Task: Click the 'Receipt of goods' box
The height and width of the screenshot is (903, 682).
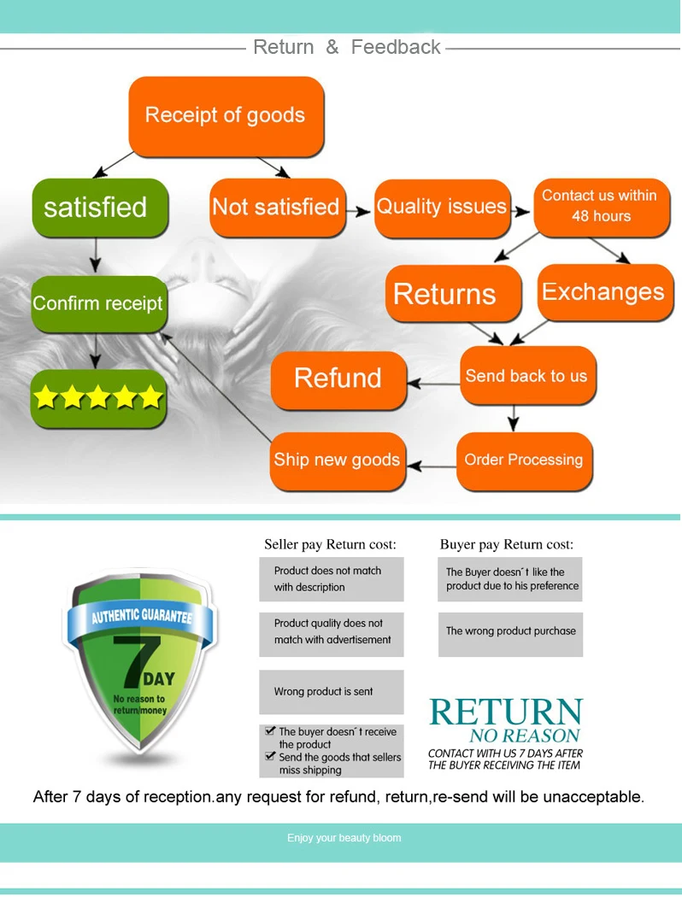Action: coord(226,116)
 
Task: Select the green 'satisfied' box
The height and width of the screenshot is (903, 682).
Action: coord(98,208)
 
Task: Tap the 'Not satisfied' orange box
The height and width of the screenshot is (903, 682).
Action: coord(277,208)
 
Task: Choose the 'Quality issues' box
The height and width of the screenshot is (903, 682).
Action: coord(441,208)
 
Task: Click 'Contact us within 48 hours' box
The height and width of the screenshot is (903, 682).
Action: coord(600,206)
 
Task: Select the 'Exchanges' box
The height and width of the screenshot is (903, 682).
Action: coord(603,292)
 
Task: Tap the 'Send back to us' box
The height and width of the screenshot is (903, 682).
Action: coord(526,376)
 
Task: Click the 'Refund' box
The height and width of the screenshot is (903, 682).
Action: coord(338,378)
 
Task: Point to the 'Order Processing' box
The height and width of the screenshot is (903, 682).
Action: coord(524,460)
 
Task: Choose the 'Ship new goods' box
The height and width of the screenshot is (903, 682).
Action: coord(337,460)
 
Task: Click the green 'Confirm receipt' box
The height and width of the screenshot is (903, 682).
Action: coord(97,303)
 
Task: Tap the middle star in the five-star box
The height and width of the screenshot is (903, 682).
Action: coord(98,397)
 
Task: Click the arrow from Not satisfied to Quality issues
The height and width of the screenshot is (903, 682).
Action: coord(360,208)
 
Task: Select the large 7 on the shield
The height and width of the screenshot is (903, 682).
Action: coord(137,659)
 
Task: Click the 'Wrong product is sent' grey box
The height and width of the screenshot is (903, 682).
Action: coord(331,692)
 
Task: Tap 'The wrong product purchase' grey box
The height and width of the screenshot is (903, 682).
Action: coord(510,632)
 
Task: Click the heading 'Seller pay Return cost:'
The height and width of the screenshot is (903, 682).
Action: coord(330,544)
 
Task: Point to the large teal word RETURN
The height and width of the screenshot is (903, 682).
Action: coord(506,712)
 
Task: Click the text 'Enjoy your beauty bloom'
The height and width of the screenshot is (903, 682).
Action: coord(344,838)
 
